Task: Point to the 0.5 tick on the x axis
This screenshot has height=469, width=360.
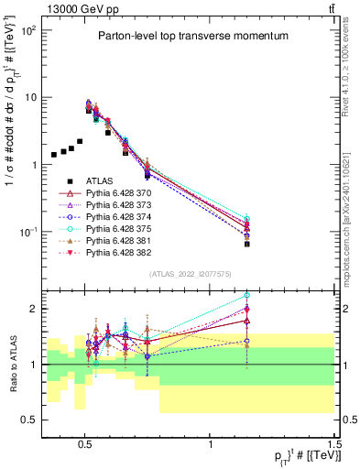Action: pyautogui.click(x=85, y=443)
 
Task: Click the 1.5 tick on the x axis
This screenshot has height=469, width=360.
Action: pyautogui.click(x=334, y=443)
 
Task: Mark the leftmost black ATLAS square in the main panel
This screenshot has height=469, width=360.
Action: pyautogui.click(x=54, y=155)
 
